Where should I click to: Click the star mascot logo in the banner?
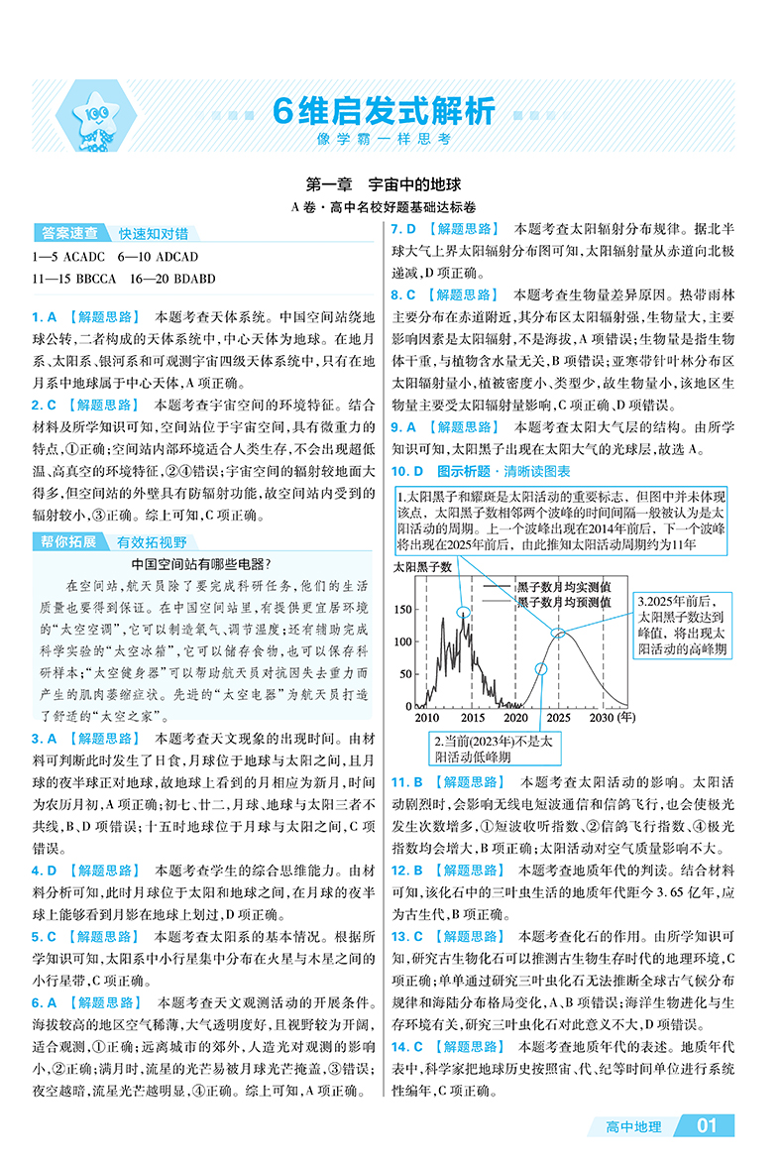95,117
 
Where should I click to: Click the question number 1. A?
46,317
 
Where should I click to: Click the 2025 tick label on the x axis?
558,717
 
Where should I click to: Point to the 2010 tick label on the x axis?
426,717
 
